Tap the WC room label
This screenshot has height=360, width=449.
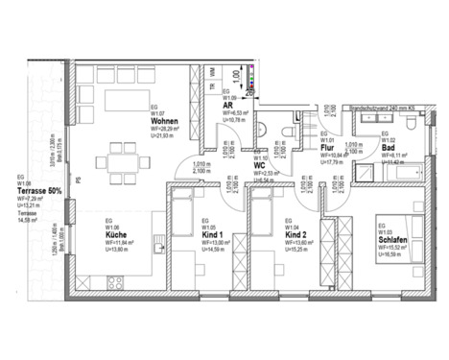coord(259,164)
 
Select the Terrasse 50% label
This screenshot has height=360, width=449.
coord(39,191)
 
